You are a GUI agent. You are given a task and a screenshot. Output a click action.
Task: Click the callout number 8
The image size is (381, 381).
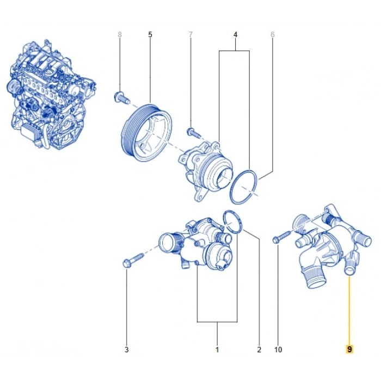click(120, 35)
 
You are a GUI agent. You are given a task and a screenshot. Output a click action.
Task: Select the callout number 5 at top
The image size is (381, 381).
click(150, 35)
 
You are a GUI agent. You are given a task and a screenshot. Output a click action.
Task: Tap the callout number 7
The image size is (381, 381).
click(191, 35)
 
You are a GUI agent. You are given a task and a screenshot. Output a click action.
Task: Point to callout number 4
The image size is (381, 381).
click(235, 35)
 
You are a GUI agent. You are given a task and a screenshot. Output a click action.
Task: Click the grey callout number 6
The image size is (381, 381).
click(273, 35)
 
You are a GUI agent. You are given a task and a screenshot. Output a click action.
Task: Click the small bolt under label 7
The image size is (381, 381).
click(191, 131)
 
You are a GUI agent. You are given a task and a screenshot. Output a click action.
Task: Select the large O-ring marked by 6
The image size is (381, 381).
click(243, 186)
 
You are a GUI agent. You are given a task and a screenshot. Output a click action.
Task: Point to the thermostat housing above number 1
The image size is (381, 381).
click(196, 245)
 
